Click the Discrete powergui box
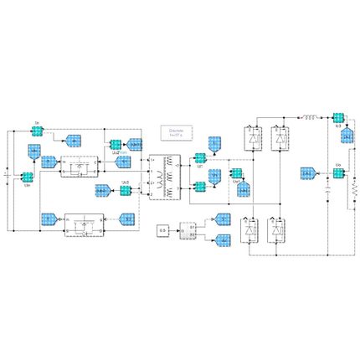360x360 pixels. [x=176, y=133]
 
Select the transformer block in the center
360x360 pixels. [x=165, y=177]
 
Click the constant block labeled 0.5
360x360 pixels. [x=164, y=228]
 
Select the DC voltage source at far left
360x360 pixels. [x=8, y=177]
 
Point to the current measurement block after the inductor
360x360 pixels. [x=338, y=118]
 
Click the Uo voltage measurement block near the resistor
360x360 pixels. [x=338, y=173]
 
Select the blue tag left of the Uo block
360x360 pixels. [x=310, y=173]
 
